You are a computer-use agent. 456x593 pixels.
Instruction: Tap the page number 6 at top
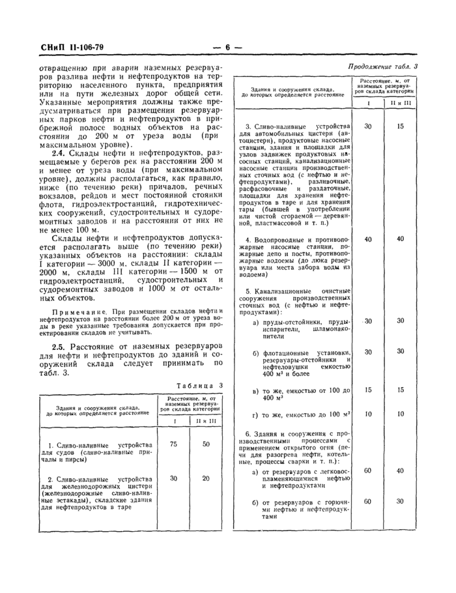tap(227, 47)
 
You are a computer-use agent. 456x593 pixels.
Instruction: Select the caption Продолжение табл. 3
tap(384, 66)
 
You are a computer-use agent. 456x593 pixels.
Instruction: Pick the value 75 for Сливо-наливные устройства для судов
tap(173, 444)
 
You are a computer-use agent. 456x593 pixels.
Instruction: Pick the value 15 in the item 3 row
tap(401, 126)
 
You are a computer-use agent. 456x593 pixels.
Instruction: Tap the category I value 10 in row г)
tap(369, 414)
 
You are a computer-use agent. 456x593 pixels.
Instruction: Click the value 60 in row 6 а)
tap(369, 470)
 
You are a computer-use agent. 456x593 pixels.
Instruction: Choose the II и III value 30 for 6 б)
tap(401, 501)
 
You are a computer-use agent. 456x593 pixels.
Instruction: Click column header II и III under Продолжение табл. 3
tap(401, 104)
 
